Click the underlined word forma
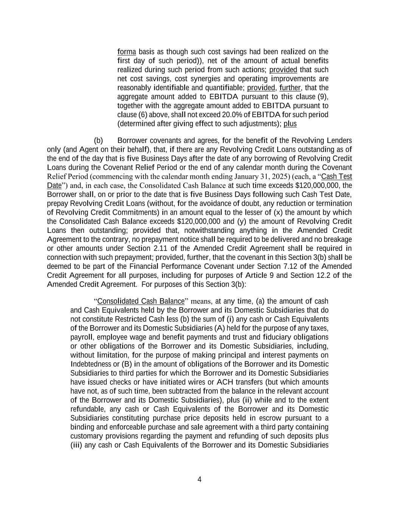[x=126, y=52]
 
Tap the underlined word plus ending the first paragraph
[x=290, y=124]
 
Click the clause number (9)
[x=323, y=97]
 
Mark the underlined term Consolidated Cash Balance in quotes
[x=141, y=301]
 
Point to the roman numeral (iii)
[x=76, y=445]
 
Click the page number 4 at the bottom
[x=199, y=480]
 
